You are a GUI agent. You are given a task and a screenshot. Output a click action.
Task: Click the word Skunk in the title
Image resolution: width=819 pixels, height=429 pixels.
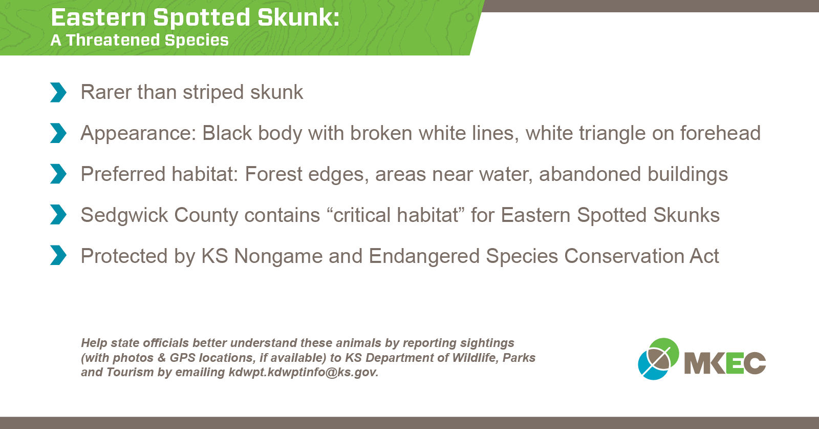298,17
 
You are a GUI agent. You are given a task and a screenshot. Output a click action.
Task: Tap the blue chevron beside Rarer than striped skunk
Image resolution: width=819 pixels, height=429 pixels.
58,92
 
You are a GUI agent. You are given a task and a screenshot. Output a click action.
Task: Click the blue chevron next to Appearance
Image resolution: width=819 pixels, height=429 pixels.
58,133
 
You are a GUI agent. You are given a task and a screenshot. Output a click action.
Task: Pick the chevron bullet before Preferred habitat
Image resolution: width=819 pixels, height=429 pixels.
58,174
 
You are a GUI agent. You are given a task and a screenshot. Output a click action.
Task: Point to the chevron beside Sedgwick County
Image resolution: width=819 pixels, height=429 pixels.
58,214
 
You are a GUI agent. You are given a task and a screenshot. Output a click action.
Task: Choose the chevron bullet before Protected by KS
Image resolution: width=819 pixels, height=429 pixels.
58,255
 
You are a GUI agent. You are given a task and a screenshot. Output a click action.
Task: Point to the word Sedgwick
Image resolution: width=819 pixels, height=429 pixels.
124,215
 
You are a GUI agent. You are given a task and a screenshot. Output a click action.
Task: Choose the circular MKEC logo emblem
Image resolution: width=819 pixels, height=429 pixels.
658,359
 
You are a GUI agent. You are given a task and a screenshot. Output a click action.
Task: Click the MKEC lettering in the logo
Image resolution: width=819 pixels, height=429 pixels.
725,363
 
